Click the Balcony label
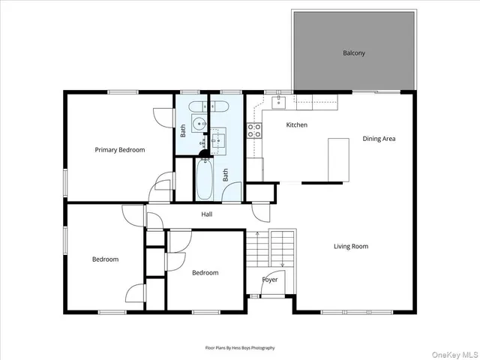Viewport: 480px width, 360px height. [x=354, y=52]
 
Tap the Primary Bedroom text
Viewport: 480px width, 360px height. [x=119, y=150]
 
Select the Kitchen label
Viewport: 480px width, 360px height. [x=297, y=124]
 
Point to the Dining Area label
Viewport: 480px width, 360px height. [x=379, y=139]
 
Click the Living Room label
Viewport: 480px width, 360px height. [x=351, y=246]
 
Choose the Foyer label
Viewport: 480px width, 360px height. [x=270, y=280]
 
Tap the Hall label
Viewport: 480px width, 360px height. [x=207, y=214]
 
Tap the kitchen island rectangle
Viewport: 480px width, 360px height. [x=339, y=159]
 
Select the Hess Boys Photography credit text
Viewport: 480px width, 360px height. [x=240, y=348]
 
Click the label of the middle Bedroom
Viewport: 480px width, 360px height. [x=205, y=273]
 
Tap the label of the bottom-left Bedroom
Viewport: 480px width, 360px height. [x=105, y=259]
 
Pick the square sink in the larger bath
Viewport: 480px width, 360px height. [x=218, y=139]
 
